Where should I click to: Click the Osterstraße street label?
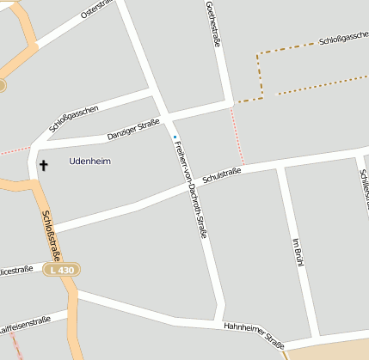(x=97, y=9)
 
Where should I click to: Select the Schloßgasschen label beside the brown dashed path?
(x=343, y=40)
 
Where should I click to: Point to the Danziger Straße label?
(x=133, y=131)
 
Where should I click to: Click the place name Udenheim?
(x=89, y=161)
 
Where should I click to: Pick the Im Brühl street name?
(x=298, y=249)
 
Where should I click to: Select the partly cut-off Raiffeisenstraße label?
(x=25, y=324)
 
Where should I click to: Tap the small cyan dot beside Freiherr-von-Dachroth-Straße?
(x=175, y=137)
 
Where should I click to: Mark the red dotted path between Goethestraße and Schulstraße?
(x=238, y=137)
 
